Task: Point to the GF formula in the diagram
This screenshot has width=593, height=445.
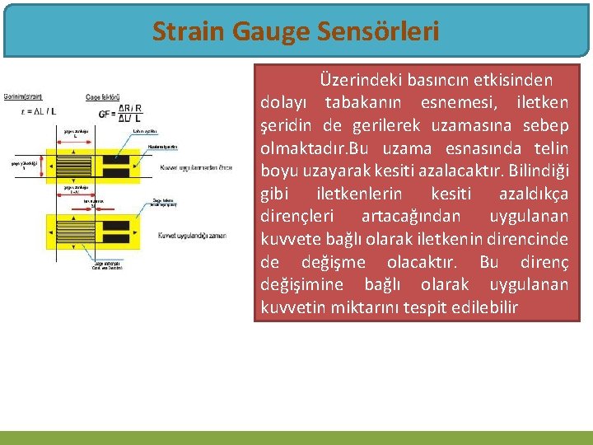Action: [x=120, y=112]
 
